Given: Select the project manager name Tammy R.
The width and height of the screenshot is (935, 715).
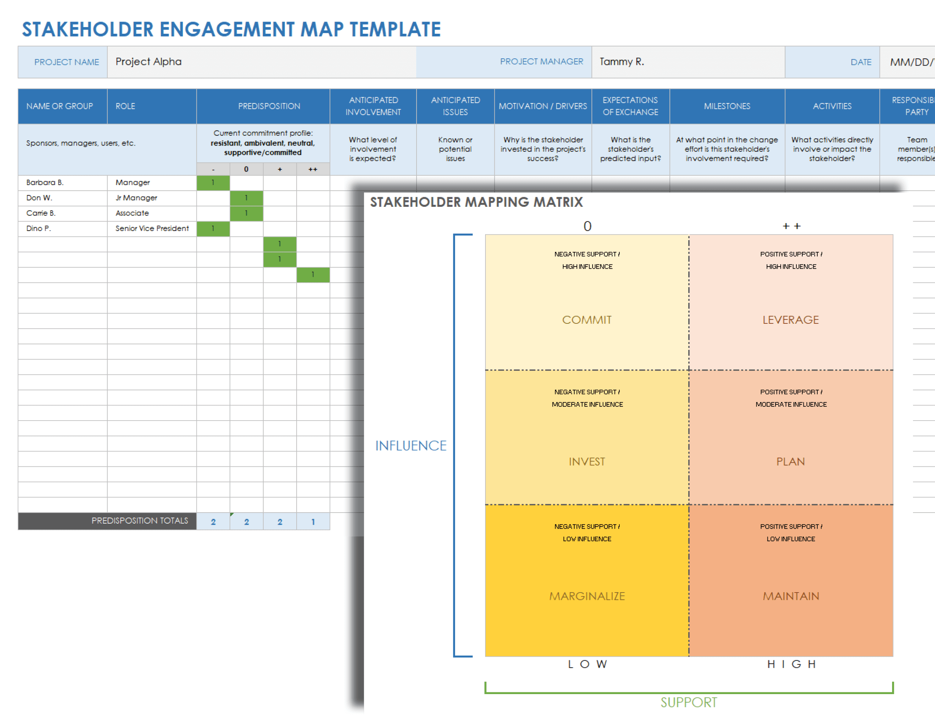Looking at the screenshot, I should pos(621,62).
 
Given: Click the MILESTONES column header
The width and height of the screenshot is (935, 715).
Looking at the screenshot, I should pos(726,106).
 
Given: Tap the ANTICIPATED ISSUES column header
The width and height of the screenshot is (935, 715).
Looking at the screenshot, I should pos(455,106).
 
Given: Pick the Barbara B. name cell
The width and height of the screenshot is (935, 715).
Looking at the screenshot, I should pos(45,183).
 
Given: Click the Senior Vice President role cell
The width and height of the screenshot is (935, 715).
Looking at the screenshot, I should pos(152,228).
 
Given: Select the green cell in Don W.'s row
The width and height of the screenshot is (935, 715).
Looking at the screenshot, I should pos(246,198).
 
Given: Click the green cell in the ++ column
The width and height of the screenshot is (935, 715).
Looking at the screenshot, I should pos(313,275).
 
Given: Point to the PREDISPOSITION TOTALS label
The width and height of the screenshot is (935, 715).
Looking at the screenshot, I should pos(140,521).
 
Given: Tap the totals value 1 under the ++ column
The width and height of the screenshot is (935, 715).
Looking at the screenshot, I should pos(313,522).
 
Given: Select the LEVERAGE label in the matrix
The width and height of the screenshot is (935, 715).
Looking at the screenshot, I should pos(790,320).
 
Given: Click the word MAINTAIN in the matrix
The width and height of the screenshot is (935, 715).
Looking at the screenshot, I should pos(790,596).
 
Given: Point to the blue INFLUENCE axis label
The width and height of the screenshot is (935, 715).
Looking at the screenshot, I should pos(411,445).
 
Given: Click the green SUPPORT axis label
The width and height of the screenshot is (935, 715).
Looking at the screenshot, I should pos(689,702).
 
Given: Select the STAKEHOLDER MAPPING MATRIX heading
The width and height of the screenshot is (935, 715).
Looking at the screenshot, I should pos(476,202).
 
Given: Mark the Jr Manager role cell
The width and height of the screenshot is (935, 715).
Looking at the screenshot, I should pos(136,198).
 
